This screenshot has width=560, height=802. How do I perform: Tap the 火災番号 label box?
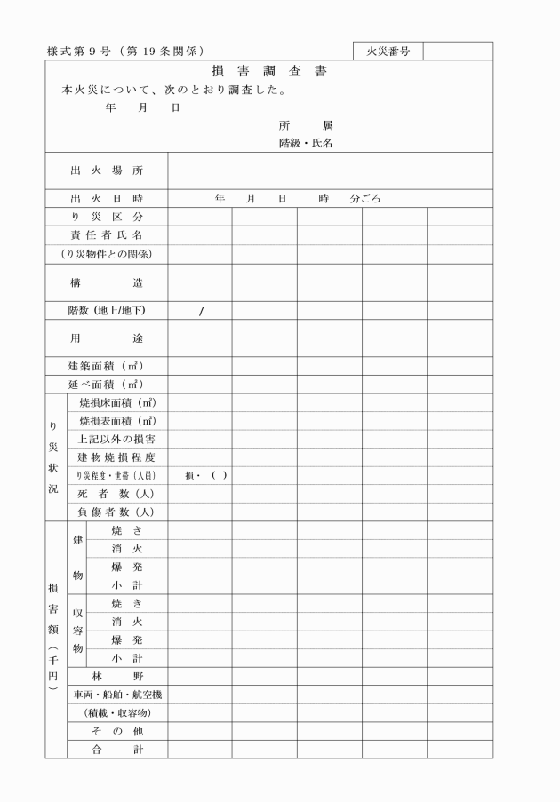coord(388,51)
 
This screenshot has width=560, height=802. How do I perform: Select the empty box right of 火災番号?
coord(457,51)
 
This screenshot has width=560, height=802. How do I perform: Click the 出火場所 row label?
coord(107,171)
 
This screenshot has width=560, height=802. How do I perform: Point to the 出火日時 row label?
coord(107,199)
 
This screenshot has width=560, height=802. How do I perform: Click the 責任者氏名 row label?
coord(107,235)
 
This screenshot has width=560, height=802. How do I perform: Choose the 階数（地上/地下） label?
coord(107,311)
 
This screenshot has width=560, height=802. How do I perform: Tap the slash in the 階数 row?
coord(202,311)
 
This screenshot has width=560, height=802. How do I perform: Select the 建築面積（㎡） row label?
coord(107,366)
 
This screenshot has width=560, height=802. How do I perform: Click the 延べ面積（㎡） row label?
coord(107,385)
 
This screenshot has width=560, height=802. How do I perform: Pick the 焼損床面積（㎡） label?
coord(117,403)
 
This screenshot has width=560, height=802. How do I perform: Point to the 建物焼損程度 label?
coord(117,457)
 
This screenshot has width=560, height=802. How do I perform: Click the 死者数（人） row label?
coord(117,494)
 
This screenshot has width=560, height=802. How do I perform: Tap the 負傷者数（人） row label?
coord(117,512)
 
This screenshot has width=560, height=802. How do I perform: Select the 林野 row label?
coord(117,677)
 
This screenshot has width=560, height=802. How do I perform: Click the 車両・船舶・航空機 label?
coord(117,695)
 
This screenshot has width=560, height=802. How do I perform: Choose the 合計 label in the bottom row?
coord(117,750)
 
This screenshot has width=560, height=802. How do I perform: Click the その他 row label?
coord(117,731)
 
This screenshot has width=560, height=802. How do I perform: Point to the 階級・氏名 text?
coord(305,143)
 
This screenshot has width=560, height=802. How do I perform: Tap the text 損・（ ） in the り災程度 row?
coord(206,475)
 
